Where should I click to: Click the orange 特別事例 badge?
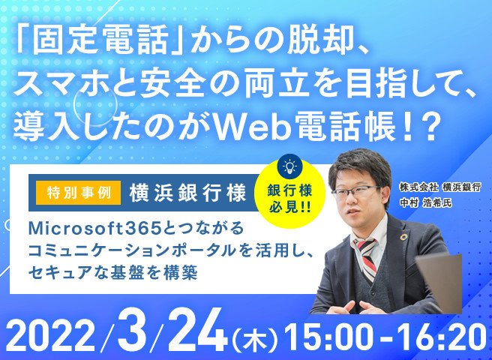pyautogui.click(x=78, y=193)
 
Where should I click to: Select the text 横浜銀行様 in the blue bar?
pyautogui.click(x=187, y=193)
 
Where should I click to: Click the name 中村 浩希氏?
pyautogui.click(x=425, y=202)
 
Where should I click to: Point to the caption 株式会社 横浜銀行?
pyautogui.click(x=440, y=187)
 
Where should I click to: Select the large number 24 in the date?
pyautogui.click(x=198, y=331)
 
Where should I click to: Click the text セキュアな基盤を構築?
pyautogui.click(x=113, y=272)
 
